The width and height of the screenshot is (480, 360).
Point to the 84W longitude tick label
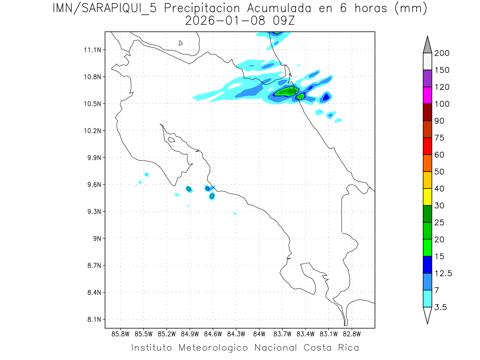coord(259,334)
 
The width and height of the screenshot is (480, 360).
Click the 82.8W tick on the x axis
coord(352,334)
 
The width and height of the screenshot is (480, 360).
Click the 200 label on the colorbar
coord(442,53)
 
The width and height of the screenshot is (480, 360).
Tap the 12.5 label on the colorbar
coord(443,273)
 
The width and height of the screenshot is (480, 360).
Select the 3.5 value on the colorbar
coord(440,307)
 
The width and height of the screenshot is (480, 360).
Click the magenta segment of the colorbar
coord(427,95)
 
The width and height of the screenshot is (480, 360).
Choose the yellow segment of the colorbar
coord(427,197)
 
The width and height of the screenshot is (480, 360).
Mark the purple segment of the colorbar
coord(427,78)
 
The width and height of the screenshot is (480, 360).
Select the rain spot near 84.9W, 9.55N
coord(189,189)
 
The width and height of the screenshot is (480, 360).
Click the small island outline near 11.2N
coord(181,43)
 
